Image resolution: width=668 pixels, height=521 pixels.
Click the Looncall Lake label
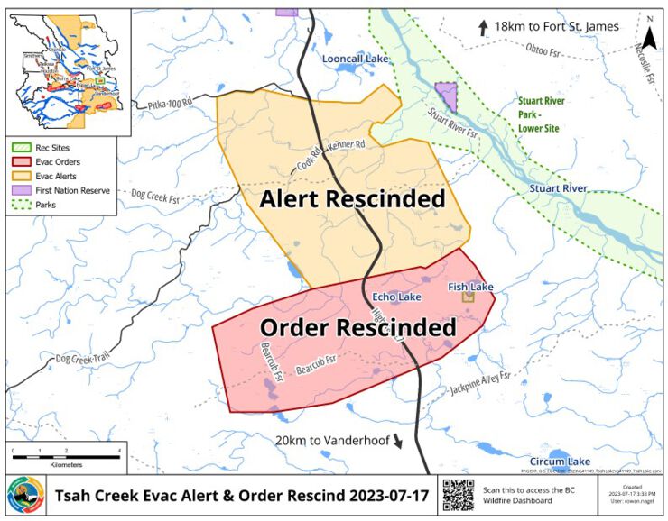pyautogui.click(x=355, y=59)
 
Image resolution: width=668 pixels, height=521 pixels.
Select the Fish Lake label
pyautogui.click(x=470, y=287)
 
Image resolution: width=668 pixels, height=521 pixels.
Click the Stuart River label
pyautogui.click(x=558, y=188)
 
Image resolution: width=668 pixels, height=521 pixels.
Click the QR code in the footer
pyautogui.click(x=457, y=495)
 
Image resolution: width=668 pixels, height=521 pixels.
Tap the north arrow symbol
pyautogui.click(x=649, y=27)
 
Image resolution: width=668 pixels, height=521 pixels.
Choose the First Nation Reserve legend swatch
pyautogui.click(x=20, y=192)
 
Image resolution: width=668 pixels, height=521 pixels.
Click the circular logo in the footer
pyautogui.click(x=25, y=495)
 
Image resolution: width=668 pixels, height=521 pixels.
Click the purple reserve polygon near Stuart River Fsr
pyautogui.click(x=446, y=96)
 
